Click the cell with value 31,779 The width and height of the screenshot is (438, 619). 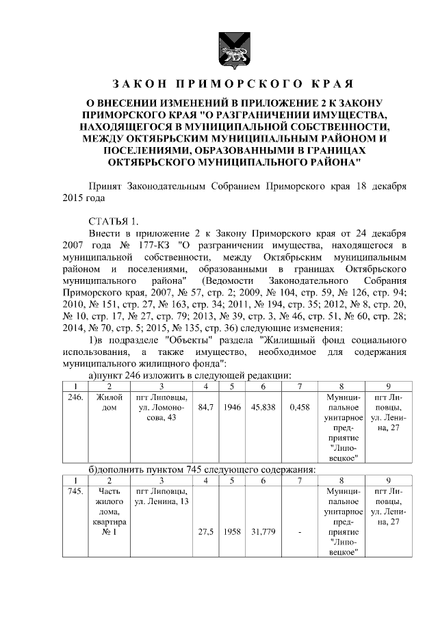pyautogui.click(x=263, y=531)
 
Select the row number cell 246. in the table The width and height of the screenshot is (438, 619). pyautogui.click(x=77, y=397)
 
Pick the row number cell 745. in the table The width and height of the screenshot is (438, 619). pyautogui.click(x=77, y=491)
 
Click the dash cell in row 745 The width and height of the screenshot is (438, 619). pyautogui.click(x=300, y=531)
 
